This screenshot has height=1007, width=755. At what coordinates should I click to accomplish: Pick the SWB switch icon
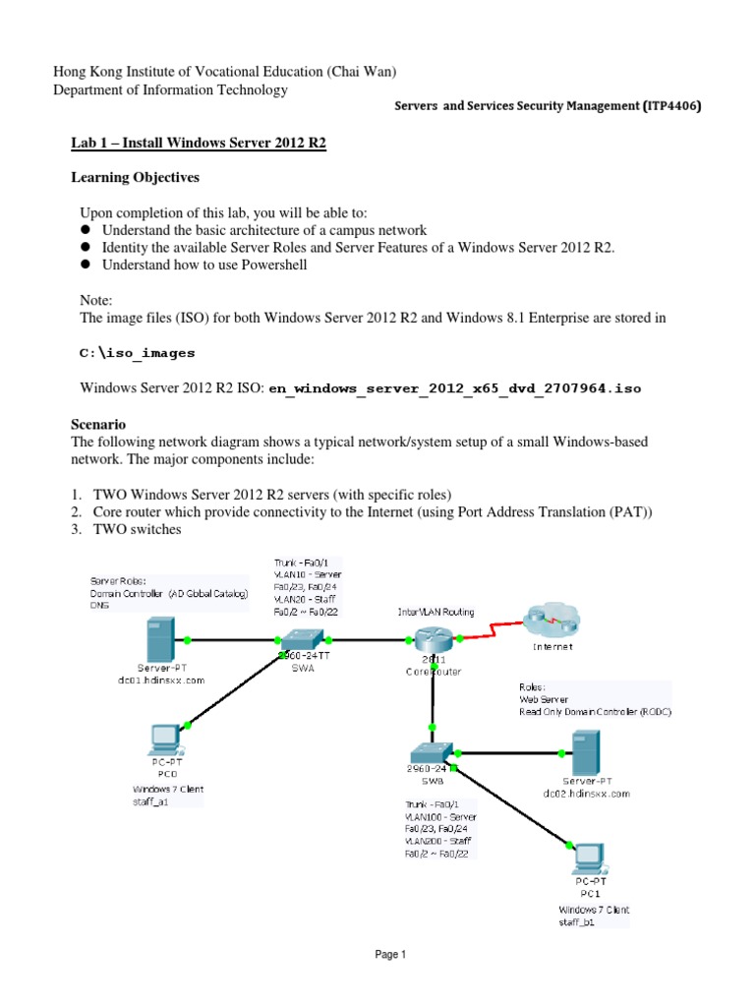click(432, 752)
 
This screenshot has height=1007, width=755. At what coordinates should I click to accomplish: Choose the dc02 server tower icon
click(586, 752)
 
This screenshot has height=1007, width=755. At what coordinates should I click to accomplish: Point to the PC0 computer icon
click(162, 743)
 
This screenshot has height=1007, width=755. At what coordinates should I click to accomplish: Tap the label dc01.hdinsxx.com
click(162, 680)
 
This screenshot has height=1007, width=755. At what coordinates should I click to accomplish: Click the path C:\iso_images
click(138, 352)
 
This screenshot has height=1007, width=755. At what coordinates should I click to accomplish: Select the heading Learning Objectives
click(136, 178)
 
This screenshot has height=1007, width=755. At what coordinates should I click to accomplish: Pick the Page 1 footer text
click(377, 954)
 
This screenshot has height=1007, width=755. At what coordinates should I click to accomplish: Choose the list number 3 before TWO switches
click(76, 529)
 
